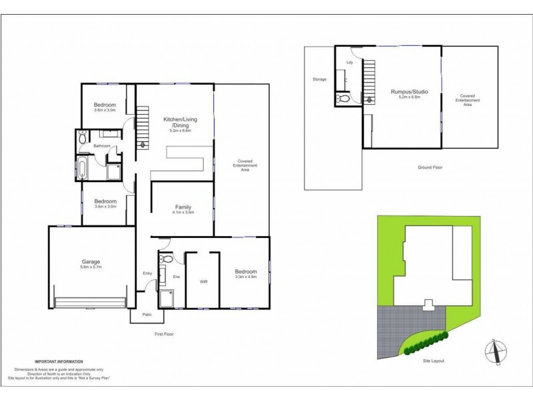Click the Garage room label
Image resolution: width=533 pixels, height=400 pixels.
pos(82,262)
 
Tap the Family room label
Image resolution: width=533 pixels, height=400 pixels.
pos(183,207)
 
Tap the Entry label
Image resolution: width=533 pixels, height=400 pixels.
pos(147,273)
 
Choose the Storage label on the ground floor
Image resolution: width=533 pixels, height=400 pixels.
pos(319,79)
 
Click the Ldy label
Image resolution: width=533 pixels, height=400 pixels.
pos(349,63)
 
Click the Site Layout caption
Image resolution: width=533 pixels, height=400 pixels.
pos(434,361)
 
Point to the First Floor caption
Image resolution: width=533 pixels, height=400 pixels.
pos(164,333)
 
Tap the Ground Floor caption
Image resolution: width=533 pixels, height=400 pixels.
pos(422,167)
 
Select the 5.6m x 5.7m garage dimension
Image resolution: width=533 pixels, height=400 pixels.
pos(82,267)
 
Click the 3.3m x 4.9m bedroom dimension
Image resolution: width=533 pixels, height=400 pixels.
pos(245,277)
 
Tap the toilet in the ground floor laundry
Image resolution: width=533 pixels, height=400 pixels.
pos(343,99)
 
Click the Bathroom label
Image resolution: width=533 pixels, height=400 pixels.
pos(102,145)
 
